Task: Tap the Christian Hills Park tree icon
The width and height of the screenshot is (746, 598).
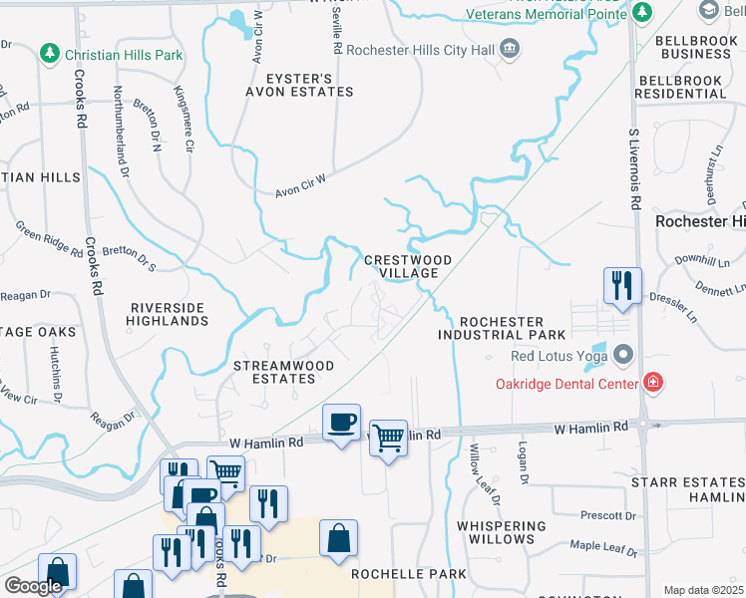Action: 48,54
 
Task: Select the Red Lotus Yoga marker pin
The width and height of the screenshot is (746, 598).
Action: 624,356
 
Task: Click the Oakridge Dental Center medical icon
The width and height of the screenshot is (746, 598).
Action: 653,382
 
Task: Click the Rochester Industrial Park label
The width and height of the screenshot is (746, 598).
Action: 503,329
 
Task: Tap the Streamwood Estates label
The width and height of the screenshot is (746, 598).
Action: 283,372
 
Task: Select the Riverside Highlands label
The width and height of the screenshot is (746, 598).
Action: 168,314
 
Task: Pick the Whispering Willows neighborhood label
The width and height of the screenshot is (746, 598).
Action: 502,532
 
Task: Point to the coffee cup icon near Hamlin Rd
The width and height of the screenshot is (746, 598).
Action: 342,423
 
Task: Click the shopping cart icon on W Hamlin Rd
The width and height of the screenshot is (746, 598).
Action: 388,437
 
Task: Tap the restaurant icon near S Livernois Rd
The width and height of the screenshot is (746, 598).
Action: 622,286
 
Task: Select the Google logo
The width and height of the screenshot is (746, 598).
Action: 33,586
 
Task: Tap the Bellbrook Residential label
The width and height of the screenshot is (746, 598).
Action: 683,93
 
